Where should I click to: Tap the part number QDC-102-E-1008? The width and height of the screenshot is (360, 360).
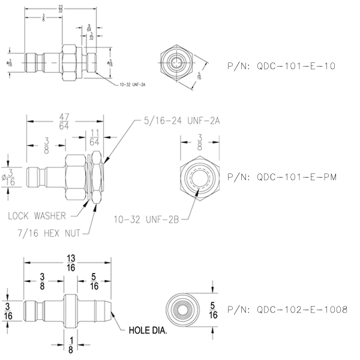(287, 310)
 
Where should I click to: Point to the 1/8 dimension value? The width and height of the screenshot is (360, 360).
(71, 346)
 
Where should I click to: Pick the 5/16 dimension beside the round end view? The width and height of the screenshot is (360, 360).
(214, 310)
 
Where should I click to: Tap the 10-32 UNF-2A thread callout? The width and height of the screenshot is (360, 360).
(131, 85)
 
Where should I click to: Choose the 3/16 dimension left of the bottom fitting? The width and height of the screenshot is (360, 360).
(8, 310)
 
